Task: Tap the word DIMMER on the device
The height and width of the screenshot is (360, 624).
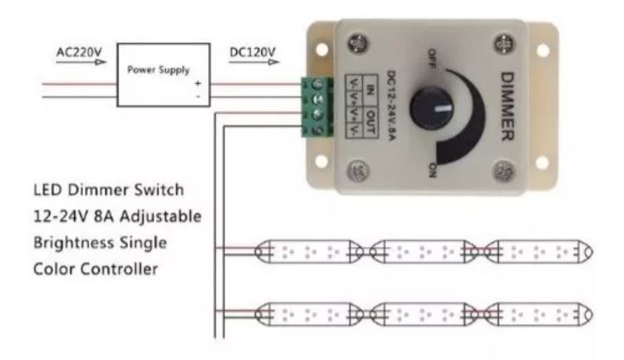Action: pyautogui.click(x=511, y=106)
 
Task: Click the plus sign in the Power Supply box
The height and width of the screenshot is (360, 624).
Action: pyautogui.click(x=197, y=83)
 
